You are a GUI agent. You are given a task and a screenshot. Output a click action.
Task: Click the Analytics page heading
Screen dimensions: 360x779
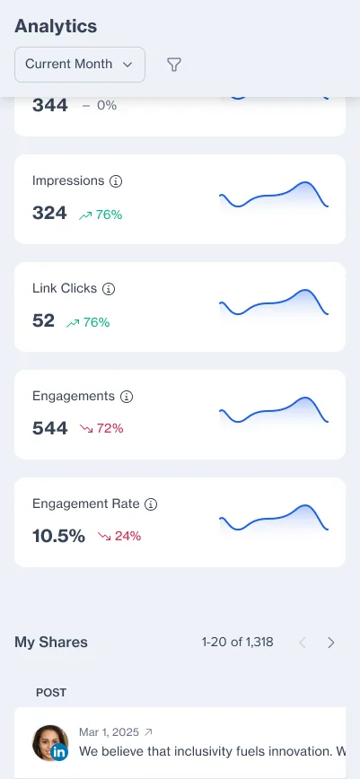point(56,26)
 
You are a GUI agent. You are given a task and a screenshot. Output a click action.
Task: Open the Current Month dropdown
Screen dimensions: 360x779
point(80,65)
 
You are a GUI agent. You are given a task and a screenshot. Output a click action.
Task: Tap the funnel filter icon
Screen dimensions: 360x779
point(173,65)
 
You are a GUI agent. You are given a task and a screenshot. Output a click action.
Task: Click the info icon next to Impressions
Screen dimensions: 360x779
point(115,181)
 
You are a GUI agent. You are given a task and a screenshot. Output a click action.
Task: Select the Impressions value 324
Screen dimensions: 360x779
point(49,213)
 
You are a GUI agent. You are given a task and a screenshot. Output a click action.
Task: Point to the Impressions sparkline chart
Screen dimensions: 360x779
point(274,194)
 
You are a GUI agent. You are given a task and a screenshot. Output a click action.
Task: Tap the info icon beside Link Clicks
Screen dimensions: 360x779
point(109,289)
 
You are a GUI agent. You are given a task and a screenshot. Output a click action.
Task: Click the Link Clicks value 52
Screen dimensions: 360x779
point(43,321)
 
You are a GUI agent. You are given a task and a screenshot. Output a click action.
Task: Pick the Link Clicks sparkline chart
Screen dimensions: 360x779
point(274,302)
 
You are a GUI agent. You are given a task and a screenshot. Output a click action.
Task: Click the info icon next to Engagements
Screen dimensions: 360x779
point(127,397)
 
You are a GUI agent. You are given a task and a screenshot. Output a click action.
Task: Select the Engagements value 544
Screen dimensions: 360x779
point(49,428)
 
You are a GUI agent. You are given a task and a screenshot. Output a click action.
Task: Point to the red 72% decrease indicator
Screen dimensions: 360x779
point(101,428)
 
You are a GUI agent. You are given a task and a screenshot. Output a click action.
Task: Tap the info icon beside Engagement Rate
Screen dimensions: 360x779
point(151,504)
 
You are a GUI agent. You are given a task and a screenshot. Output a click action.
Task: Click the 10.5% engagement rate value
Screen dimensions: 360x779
point(58,536)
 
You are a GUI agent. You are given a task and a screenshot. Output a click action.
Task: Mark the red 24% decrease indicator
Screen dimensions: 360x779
point(119,536)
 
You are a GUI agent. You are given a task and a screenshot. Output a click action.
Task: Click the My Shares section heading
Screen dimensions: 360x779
point(50,643)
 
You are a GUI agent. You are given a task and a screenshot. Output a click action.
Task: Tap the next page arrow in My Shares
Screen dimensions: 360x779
point(331,643)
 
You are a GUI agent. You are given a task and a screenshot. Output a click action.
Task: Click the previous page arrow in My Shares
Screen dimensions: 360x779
point(302,643)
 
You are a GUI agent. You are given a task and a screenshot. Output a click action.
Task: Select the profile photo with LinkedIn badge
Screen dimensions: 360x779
point(50,743)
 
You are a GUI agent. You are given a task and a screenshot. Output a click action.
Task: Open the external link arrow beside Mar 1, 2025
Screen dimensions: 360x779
point(148,732)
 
